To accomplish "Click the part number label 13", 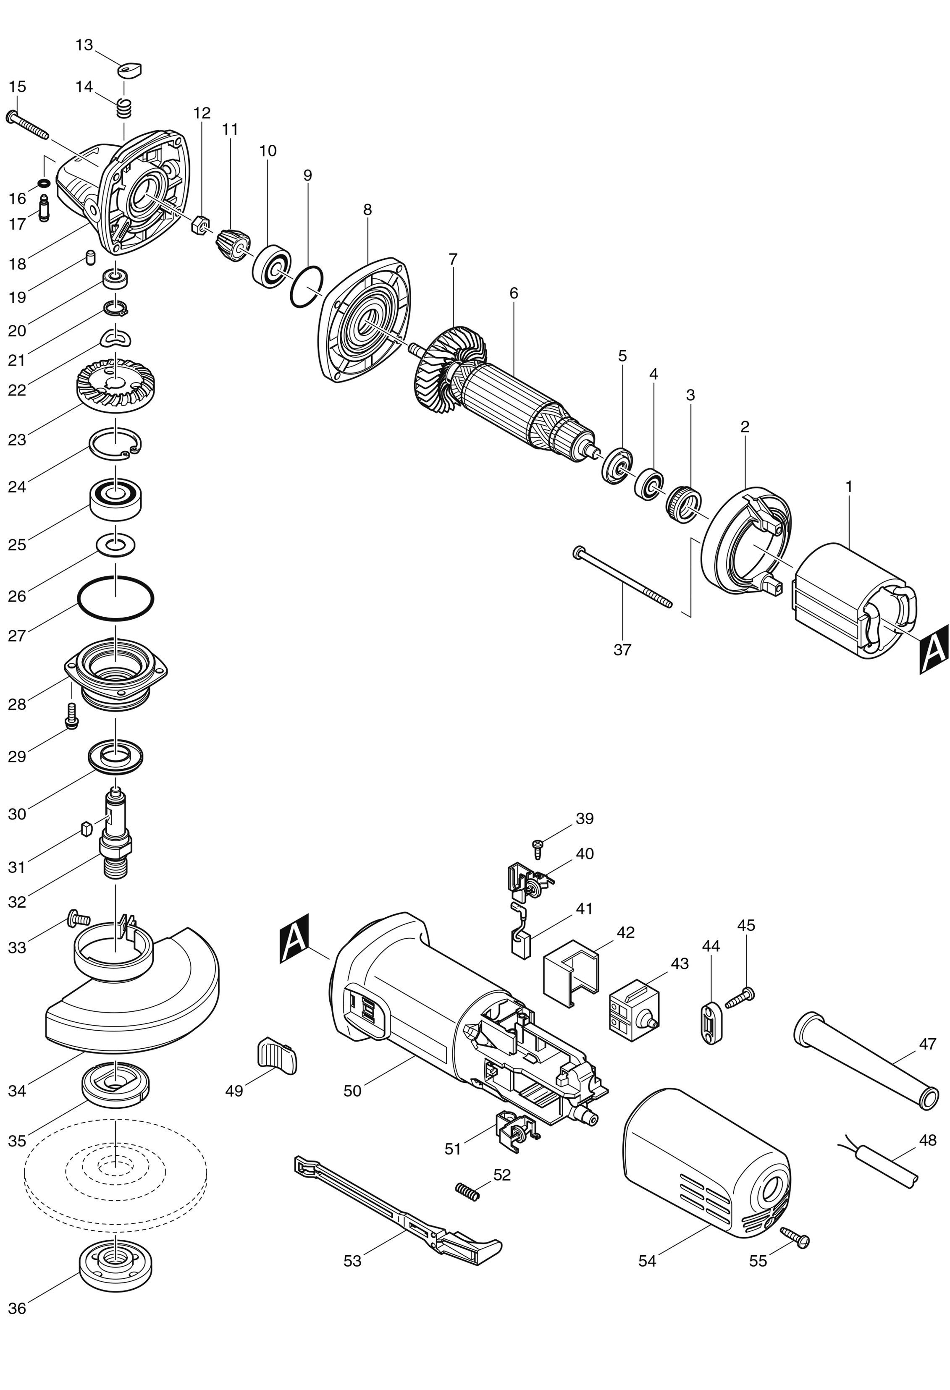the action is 84,45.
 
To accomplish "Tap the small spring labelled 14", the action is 124,108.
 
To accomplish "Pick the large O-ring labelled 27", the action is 115,599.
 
